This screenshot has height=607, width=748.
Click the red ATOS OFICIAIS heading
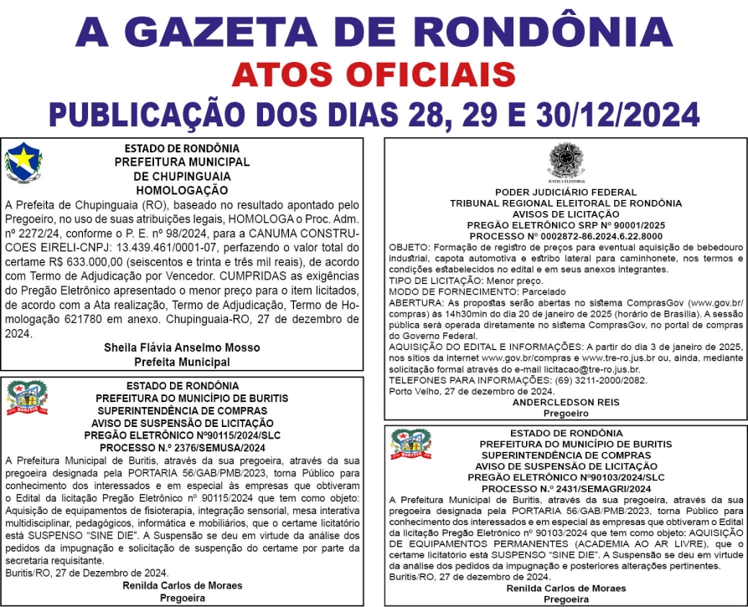374,75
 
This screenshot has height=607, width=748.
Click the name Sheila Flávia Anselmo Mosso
182,347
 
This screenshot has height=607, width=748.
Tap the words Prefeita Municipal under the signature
182,362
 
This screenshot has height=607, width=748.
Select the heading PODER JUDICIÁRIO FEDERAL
565,192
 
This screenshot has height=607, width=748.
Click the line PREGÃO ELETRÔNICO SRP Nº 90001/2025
565,226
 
